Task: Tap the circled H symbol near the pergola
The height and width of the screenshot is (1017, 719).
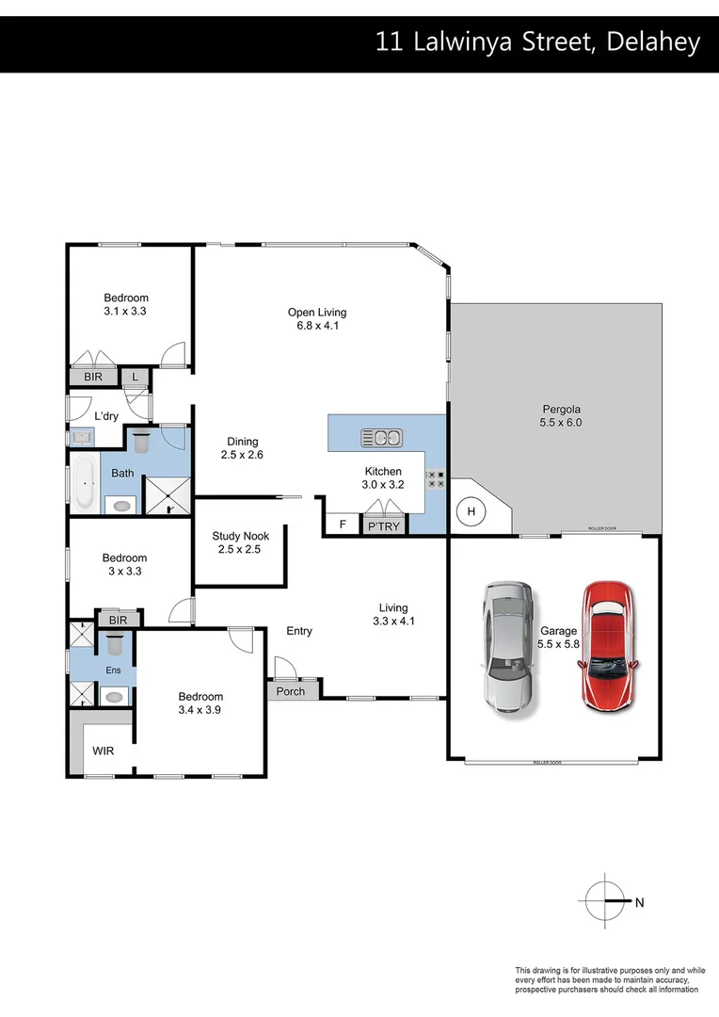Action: click(x=471, y=511)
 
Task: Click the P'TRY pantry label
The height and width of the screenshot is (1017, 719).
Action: click(x=383, y=526)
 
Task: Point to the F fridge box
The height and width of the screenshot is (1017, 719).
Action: click(x=342, y=525)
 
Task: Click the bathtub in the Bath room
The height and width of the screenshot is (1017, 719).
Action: click(x=85, y=483)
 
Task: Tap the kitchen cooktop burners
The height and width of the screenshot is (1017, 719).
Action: click(x=436, y=479)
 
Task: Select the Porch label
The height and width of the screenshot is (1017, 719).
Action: click(x=291, y=691)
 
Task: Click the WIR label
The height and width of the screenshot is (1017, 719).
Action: click(x=102, y=751)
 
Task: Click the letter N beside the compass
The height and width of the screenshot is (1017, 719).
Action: click(x=639, y=902)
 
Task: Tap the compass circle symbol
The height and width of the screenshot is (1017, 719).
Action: click(x=603, y=901)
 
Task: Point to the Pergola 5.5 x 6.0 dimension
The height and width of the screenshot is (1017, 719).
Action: click(x=561, y=424)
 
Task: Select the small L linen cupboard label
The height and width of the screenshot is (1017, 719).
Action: click(x=136, y=378)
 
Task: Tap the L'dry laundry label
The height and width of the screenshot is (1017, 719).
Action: click(x=104, y=416)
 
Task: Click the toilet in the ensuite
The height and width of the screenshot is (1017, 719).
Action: click(x=116, y=645)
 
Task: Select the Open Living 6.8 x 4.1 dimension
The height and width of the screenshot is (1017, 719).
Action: click(x=317, y=327)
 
